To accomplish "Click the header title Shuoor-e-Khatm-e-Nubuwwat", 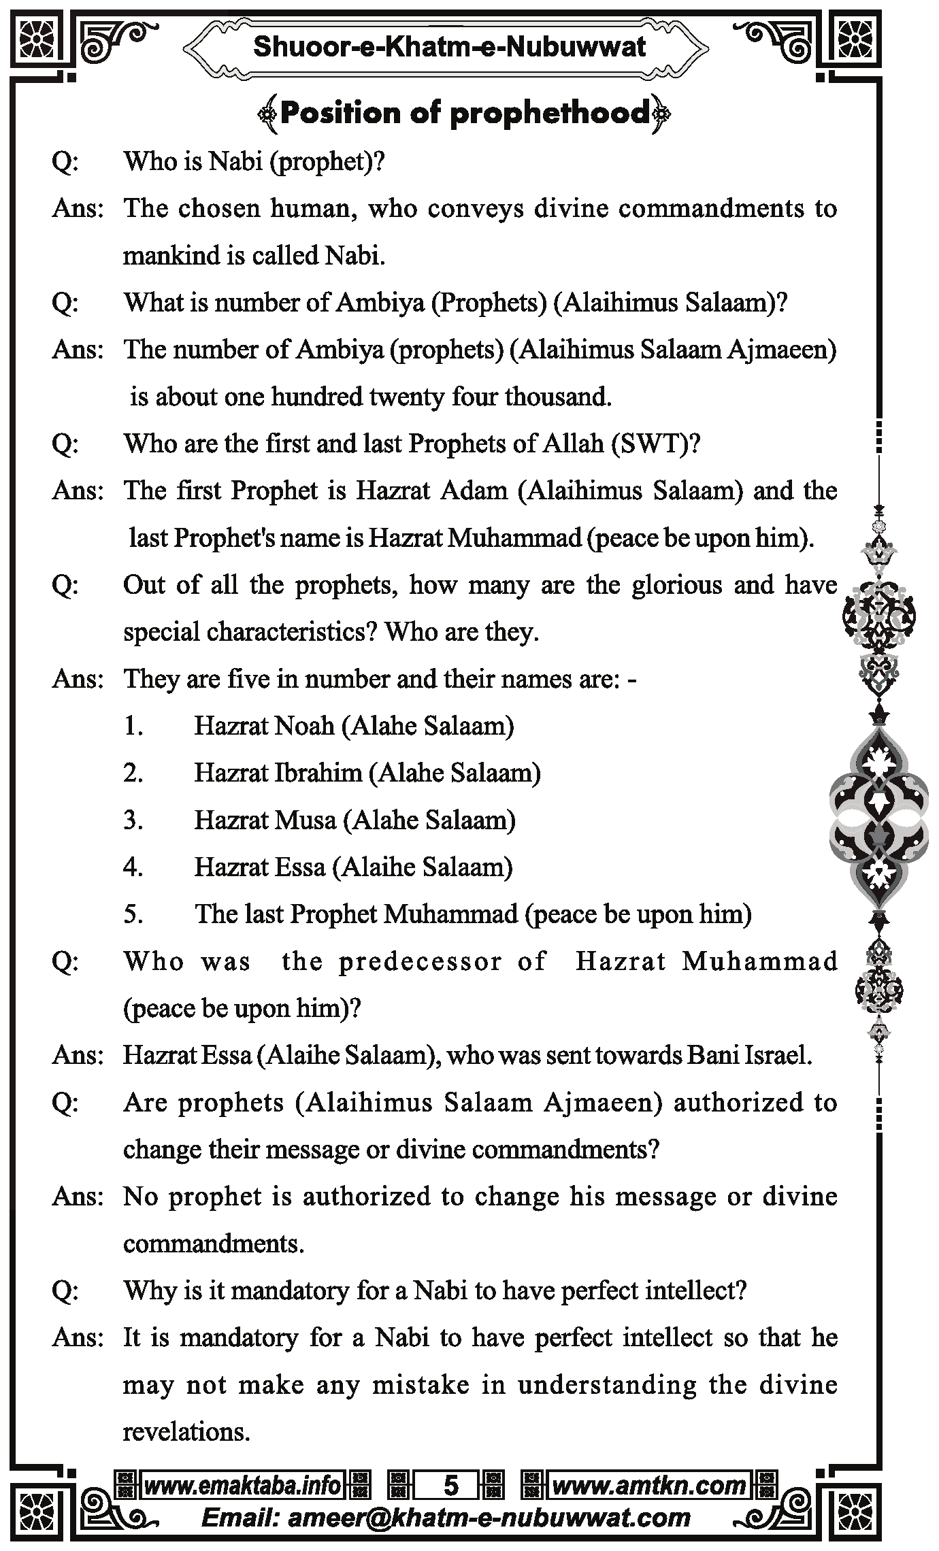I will click(449, 47).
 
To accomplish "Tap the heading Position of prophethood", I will click(464, 113).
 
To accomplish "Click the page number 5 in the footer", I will click(450, 1485).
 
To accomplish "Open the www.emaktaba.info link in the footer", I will click(242, 1485).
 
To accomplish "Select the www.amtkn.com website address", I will click(648, 1485).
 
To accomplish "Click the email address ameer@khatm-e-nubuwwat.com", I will click(489, 1517).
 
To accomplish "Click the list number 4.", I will click(133, 867).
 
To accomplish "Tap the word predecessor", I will click(420, 961).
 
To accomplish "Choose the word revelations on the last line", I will click(186, 1431).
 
